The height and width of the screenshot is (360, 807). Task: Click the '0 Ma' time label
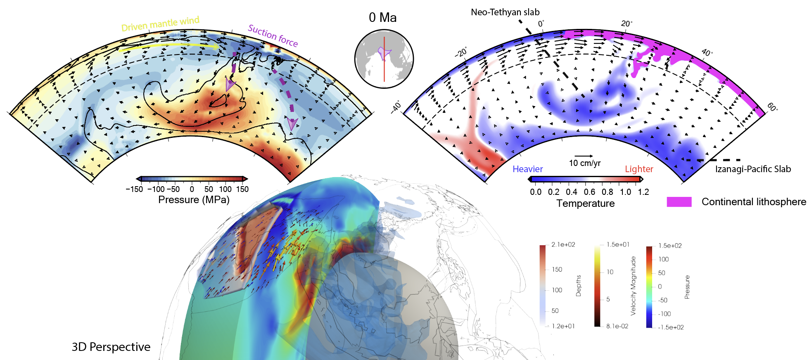(382, 18)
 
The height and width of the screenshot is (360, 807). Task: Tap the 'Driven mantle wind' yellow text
(160, 24)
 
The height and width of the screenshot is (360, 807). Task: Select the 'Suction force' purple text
(273, 36)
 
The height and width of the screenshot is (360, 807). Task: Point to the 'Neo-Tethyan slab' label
(505, 12)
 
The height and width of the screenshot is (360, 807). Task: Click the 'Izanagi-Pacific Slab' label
(753, 169)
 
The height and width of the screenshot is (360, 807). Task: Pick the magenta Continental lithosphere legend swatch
(679, 202)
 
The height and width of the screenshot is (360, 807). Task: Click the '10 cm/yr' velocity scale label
(584, 163)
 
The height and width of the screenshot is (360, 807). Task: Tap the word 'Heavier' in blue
(527, 169)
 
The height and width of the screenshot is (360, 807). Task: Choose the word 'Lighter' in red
(639, 169)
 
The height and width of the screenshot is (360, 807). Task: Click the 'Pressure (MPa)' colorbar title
(194, 200)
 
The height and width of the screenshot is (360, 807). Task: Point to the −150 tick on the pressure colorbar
(134, 189)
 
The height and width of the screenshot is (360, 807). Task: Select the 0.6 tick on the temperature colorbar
(589, 192)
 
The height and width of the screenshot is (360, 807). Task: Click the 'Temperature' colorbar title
(585, 204)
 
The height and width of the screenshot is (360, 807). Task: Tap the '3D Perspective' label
(111, 347)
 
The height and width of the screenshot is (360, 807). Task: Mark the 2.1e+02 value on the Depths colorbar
(563, 245)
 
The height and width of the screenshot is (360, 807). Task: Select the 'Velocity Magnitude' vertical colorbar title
(633, 286)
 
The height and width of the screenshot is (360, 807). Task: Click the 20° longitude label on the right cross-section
(627, 24)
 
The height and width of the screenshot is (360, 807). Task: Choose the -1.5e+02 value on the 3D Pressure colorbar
(671, 327)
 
